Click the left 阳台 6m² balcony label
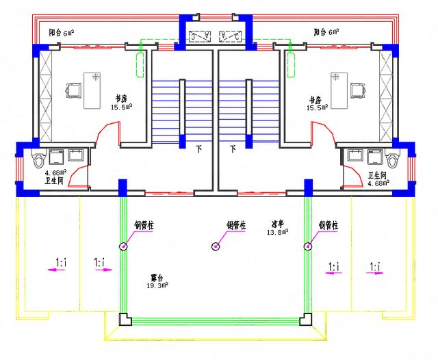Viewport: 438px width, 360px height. click(x=63, y=32)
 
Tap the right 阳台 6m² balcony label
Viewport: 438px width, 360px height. click(x=326, y=32)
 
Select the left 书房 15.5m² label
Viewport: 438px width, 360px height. click(x=121, y=102)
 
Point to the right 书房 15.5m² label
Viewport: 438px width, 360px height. click(x=318, y=103)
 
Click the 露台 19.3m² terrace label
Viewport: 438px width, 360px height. click(x=159, y=281)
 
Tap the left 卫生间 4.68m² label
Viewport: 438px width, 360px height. click(x=55, y=177)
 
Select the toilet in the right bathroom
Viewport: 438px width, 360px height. click(x=392, y=160)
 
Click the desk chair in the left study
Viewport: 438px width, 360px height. click(x=73, y=90)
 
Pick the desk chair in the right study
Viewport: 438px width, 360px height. click(x=356, y=90)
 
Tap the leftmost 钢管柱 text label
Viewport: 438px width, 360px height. click(x=144, y=224)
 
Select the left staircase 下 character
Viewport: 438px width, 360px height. click(x=199, y=148)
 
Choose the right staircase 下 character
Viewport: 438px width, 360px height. click(x=233, y=148)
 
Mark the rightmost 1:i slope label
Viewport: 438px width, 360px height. click(x=375, y=266)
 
